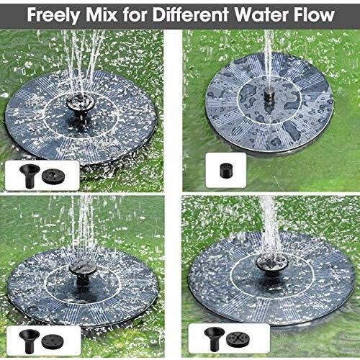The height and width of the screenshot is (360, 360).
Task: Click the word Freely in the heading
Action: pos(54,15)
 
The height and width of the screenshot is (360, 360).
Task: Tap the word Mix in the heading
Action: pos(102,14)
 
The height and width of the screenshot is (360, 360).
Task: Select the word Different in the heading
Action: pos(190,14)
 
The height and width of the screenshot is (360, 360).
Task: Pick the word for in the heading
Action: pos(135,14)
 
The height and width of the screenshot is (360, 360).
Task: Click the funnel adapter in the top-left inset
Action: pos(30,176)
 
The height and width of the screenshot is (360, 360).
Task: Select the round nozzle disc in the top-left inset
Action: pos(53,176)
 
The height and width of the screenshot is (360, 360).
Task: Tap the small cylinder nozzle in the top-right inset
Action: pos(225,170)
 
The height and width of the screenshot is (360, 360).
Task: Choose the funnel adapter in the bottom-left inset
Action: pos(29,341)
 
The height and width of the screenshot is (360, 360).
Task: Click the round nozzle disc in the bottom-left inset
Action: pos(53,341)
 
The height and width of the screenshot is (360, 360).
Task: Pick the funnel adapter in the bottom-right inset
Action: pos(215,339)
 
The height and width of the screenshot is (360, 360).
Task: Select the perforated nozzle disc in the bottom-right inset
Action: pos(238,340)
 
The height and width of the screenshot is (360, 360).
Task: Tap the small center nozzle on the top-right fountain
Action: pos(269,95)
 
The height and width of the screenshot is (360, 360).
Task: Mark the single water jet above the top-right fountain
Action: pos(269,59)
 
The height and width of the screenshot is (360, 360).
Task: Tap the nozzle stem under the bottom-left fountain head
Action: pos(83,283)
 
